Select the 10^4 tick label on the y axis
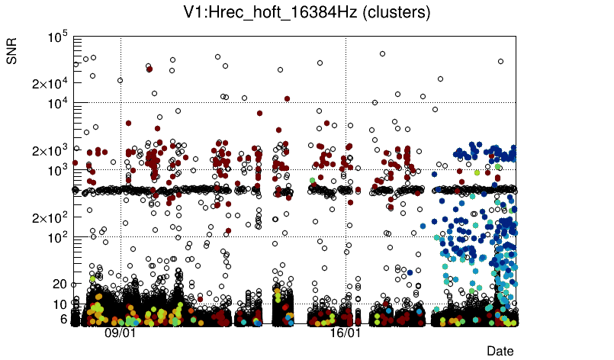point(58,103)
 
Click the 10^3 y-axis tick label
point(58,170)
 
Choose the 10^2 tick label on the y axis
point(58,237)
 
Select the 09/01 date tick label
point(121,333)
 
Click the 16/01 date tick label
point(346,333)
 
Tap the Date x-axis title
point(500,351)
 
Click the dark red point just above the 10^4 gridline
point(287,98)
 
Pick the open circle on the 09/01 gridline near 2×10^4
point(121,80)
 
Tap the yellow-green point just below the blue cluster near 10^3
point(477,173)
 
